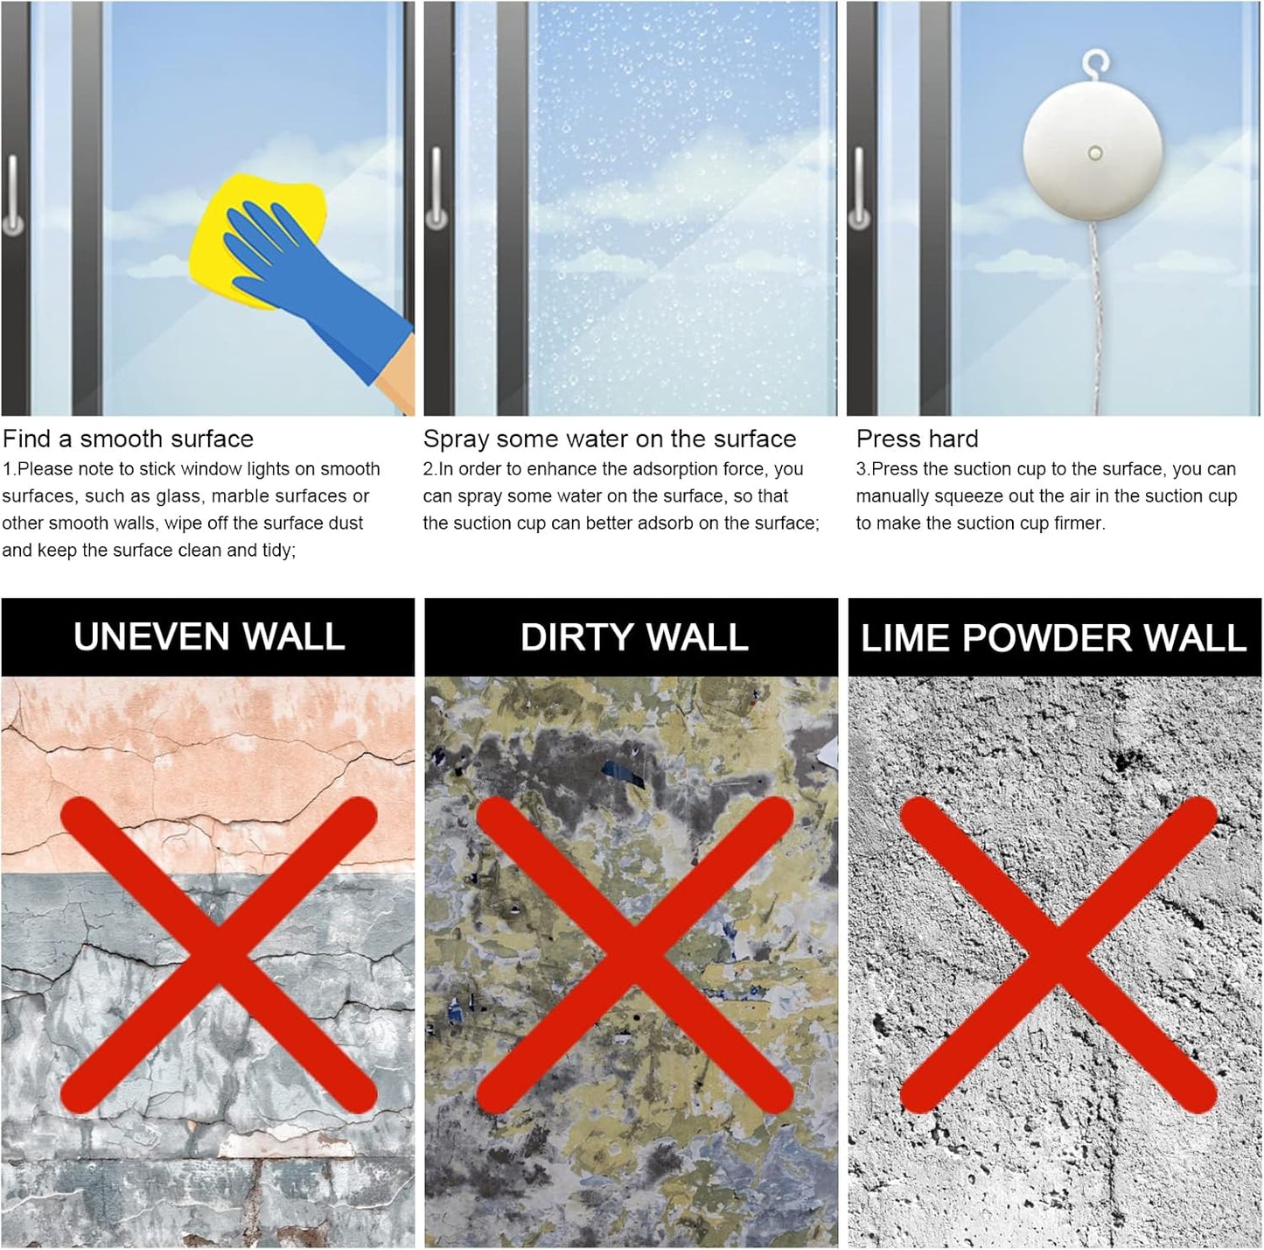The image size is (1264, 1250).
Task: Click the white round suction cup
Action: coord(1093,156)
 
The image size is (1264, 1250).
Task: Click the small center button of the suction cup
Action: coord(1094,154)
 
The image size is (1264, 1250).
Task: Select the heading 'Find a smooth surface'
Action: coord(128,439)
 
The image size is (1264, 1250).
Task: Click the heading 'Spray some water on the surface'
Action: coord(610,439)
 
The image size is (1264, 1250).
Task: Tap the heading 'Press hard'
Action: coord(917,439)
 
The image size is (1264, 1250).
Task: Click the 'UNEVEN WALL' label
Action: coord(209,636)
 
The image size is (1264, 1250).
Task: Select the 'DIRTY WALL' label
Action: coord(634,636)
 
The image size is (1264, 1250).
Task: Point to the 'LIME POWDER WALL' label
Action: coord(1053,637)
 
